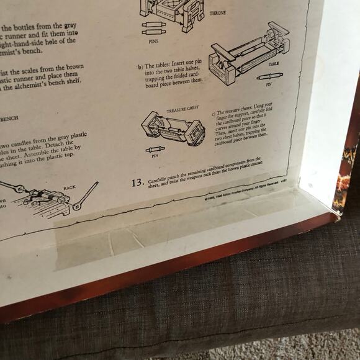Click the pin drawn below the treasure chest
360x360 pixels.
point(155,150)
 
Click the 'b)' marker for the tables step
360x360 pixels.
point(140,65)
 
